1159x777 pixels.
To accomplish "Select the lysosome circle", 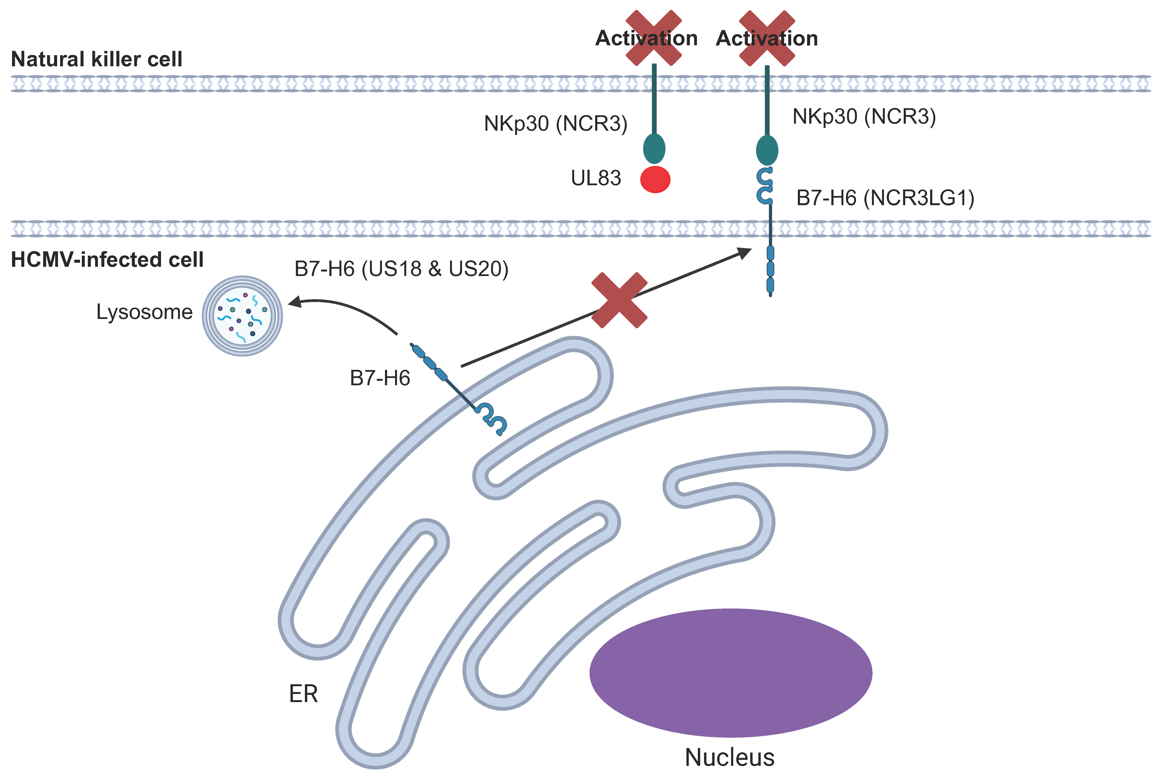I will click(242, 316).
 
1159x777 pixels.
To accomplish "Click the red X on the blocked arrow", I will click(619, 300).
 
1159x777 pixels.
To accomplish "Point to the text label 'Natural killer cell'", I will click(97, 59).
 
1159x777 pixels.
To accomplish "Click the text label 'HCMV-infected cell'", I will click(107, 260).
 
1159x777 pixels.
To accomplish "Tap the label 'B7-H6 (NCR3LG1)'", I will click(885, 198).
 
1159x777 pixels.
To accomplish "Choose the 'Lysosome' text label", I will click(144, 312).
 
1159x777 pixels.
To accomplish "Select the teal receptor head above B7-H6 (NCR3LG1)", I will click(767, 150).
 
